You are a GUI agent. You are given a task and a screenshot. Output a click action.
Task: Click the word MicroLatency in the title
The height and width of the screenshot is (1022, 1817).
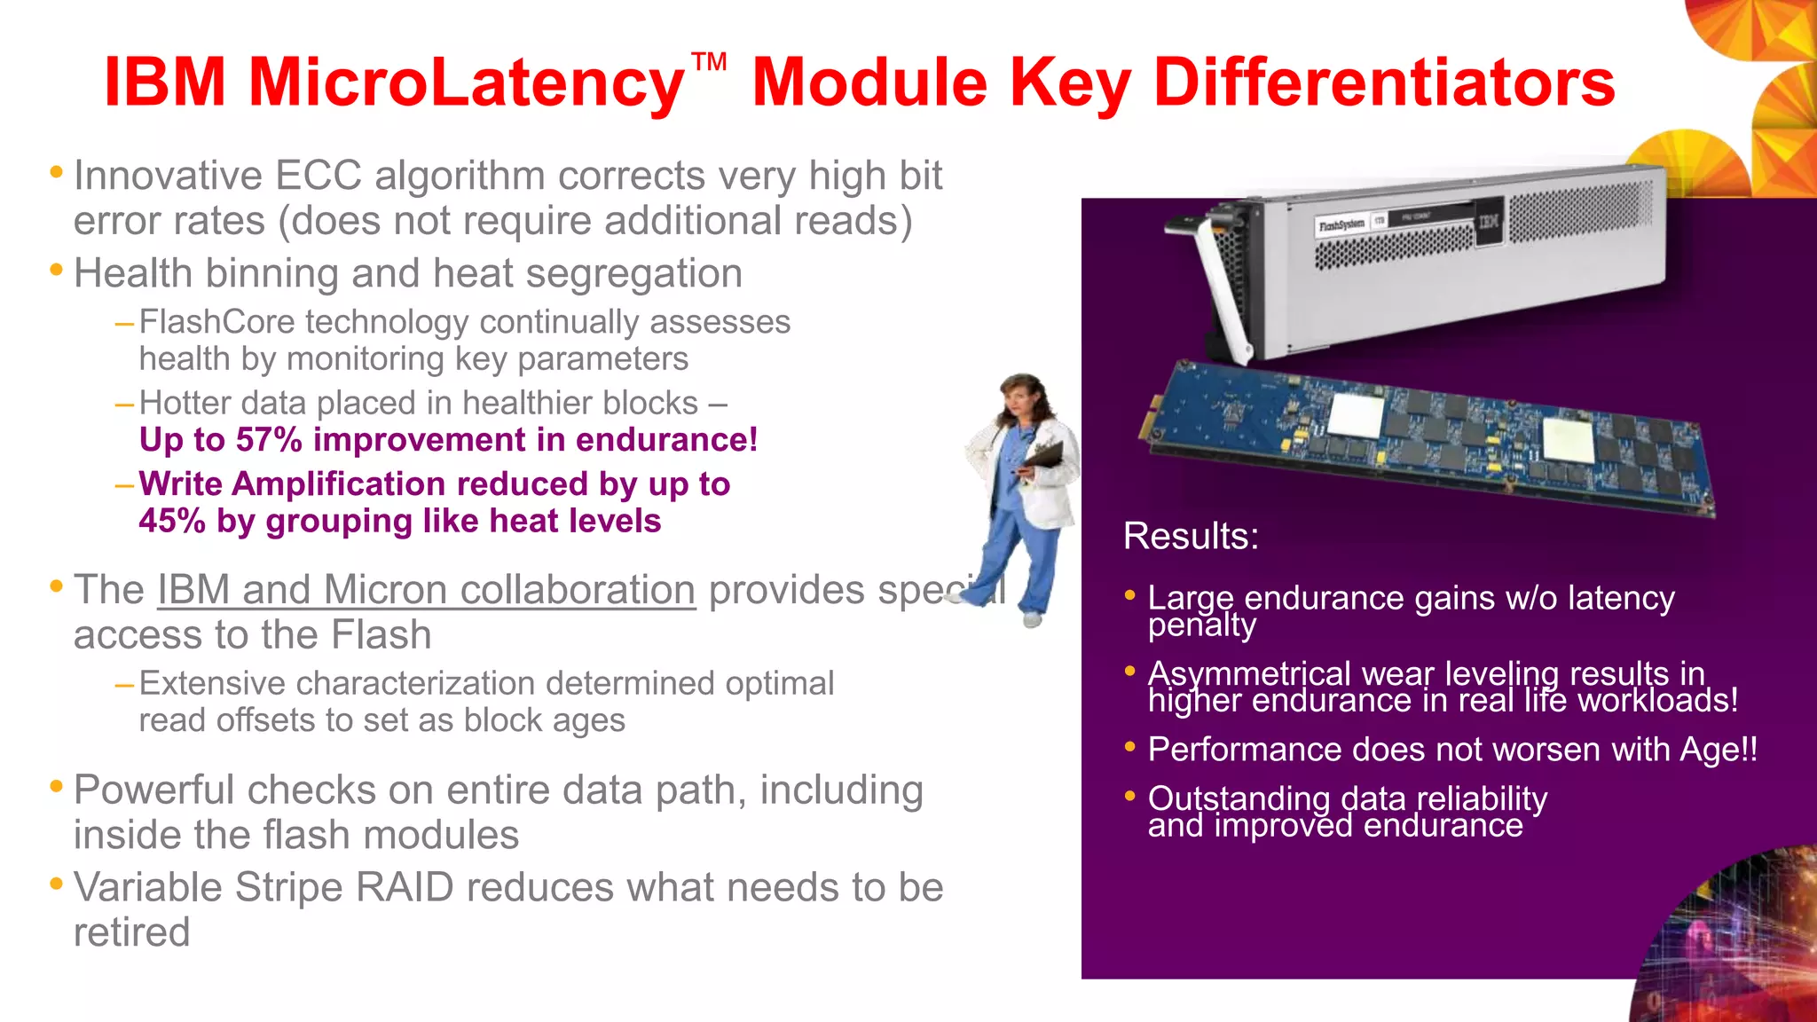click(x=466, y=83)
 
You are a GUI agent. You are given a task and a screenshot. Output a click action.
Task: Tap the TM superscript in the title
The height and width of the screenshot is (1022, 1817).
click(x=709, y=62)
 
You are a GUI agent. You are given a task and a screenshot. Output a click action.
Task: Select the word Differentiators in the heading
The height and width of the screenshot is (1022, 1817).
click(x=1384, y=83)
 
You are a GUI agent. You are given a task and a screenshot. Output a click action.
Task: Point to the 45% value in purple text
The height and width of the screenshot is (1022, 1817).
click(x=172, y=521)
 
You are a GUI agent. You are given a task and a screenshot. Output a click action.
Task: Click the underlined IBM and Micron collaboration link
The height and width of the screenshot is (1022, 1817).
click(x=426, y=590)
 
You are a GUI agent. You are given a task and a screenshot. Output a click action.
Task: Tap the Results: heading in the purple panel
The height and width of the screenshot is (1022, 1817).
click(x=1191, y=536)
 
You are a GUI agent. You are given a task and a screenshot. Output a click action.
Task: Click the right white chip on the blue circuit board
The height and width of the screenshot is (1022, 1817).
click(x=1568, y=441)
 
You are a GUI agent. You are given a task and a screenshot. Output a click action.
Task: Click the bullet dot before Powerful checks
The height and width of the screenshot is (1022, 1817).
click(x=57, y=787)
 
